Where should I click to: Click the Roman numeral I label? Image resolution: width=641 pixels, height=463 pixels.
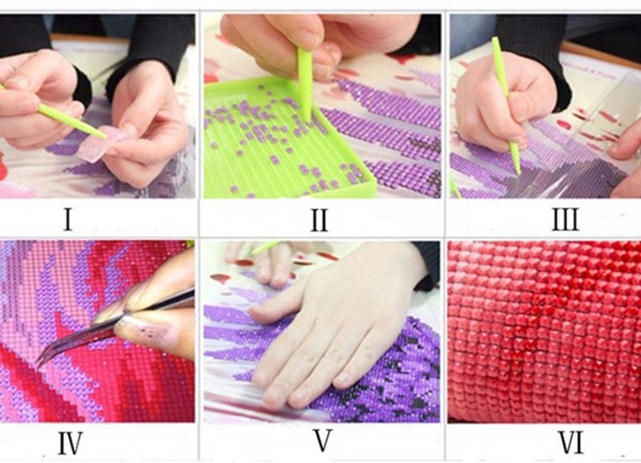point(68,219)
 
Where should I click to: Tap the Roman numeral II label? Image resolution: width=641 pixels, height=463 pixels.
point(319,219)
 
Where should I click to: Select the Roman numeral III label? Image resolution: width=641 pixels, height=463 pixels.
point(566,219)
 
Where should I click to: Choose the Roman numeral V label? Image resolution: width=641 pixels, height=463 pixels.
point(323,441)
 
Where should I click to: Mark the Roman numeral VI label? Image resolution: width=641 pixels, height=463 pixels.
point(570,442)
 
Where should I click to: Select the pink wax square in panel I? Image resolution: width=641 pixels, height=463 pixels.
point(98,144)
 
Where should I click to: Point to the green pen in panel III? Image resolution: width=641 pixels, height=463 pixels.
point(506,105)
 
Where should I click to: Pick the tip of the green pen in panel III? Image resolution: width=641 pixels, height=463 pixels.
point(518,172)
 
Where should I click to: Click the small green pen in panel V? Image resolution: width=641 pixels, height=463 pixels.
point(264,247)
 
